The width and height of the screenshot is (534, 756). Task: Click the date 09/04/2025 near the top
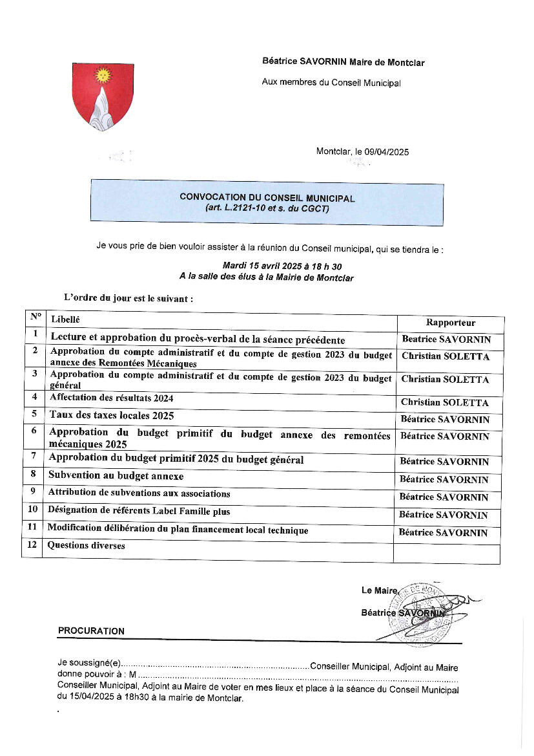[x=387, y=152]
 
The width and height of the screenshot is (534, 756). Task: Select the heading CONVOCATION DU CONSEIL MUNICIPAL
[x=267, y=198]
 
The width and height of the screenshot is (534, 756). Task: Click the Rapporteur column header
[x=450, y=323]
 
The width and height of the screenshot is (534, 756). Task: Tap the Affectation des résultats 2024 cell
[x=111, y=398]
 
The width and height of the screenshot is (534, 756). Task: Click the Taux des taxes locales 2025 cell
[x=112, y=415]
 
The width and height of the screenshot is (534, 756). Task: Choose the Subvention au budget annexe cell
[x=116, y=476]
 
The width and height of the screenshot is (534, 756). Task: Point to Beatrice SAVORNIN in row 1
[x=446, y=340]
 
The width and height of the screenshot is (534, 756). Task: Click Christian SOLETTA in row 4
[x=445, y=403]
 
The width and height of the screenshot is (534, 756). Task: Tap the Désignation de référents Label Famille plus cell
[x=139, y=511]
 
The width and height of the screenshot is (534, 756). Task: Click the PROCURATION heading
[x=91, y=631]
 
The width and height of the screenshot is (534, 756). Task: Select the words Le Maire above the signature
[x=379, y=590]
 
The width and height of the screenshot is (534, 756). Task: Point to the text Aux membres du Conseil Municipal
[x=331, y=83]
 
